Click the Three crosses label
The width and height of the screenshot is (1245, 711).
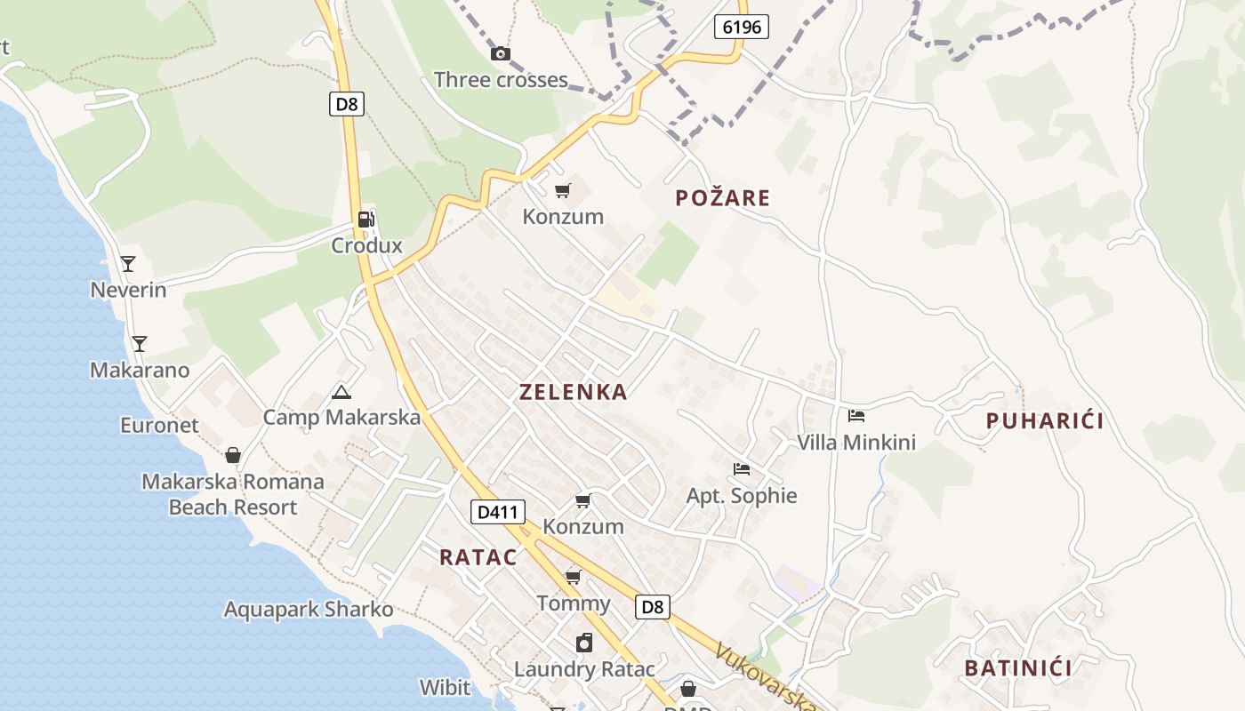[501, 80]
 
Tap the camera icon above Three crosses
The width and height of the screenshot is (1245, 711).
[501, 54]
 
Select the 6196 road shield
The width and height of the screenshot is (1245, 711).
[742, 27]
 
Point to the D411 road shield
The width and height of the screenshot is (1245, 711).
[497, 512]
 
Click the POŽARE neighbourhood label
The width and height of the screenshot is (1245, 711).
[722, 198]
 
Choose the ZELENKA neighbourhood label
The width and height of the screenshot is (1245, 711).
[573, 392]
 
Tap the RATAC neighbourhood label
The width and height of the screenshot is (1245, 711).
[478, 557]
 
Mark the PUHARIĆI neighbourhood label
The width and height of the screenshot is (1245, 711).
[1045, 421]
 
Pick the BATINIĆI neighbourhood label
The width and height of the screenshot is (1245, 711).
[1018, 668]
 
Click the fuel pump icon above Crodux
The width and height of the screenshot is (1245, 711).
[365, 220]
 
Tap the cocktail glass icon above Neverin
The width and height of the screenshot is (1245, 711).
[128, 264]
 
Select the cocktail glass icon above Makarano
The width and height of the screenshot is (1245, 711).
[139, 344]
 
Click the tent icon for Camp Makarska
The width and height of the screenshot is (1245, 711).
[341, 392]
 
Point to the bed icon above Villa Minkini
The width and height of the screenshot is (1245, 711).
[855, 415]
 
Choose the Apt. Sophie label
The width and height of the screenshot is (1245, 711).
[742, 496]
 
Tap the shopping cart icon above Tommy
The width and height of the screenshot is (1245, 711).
[574, 578]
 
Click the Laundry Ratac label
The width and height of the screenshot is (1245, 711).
[584, 669]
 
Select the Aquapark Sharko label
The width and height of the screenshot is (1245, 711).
[309, 610]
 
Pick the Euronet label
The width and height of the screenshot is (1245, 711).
[160, 426]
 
